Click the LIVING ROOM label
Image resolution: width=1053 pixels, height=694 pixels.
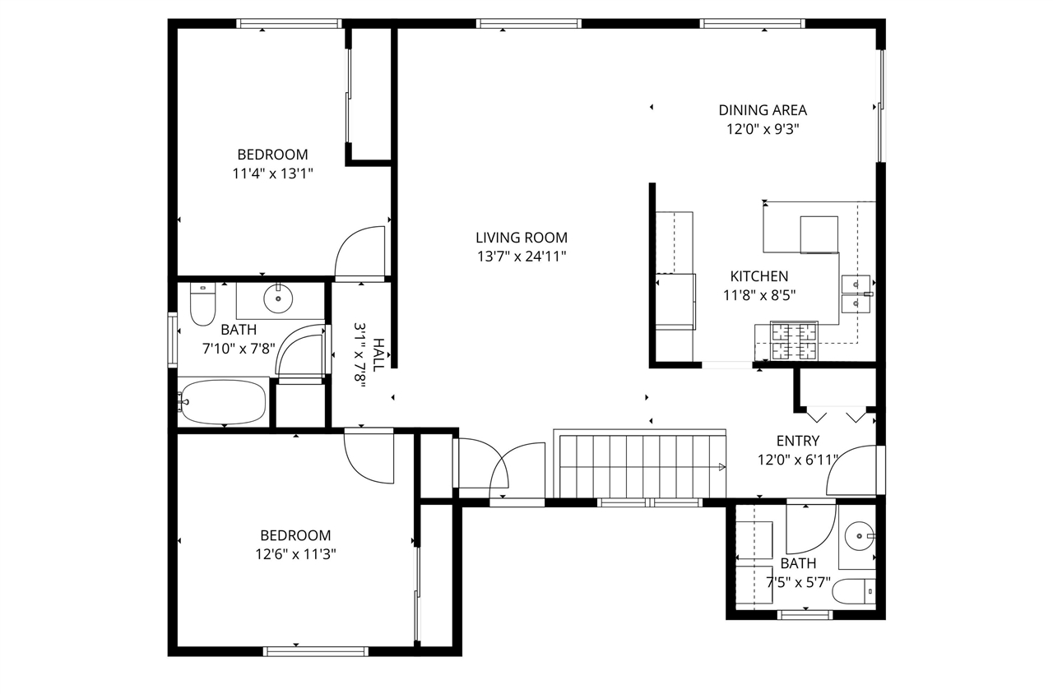(522, 238)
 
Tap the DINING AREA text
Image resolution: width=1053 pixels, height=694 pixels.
(763, 110)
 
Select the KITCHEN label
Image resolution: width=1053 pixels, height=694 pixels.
(759, 277)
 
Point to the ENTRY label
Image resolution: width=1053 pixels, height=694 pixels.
(797, 442)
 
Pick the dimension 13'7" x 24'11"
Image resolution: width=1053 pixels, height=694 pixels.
(522, 256)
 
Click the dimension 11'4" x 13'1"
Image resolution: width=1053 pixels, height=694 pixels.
(272, 173)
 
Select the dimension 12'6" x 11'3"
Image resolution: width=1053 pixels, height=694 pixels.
(295, 553)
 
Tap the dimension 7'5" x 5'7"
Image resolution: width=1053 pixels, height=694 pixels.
(798, 581)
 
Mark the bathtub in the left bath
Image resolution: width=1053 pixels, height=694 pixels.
(223, 402)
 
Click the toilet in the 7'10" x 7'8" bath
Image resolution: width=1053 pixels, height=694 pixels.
(202, 304)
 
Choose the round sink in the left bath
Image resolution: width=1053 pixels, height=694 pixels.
(278, 298)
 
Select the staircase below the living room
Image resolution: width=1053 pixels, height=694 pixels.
(639, 466)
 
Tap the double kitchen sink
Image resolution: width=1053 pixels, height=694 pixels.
(856, 294)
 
